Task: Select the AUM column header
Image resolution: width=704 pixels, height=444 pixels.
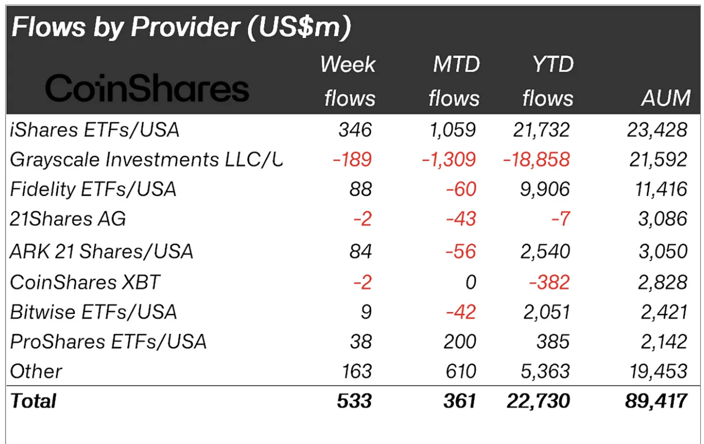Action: click(x=666, y=98)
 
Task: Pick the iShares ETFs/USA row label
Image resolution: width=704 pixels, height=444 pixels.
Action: click(x=95, y=130)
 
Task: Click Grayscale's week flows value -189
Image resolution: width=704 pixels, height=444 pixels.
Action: click(x=353, y=160)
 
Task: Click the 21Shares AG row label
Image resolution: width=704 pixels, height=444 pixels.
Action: click(x=68, y=219)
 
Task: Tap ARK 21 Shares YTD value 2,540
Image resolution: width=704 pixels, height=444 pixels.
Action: click(x=546, y=251)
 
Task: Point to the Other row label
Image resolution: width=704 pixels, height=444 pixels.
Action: click(x=36, y=371)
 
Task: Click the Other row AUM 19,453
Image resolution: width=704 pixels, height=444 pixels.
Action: click(x=657, y=371)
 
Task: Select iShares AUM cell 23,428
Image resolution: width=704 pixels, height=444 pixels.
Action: click(x=657, y=130)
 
